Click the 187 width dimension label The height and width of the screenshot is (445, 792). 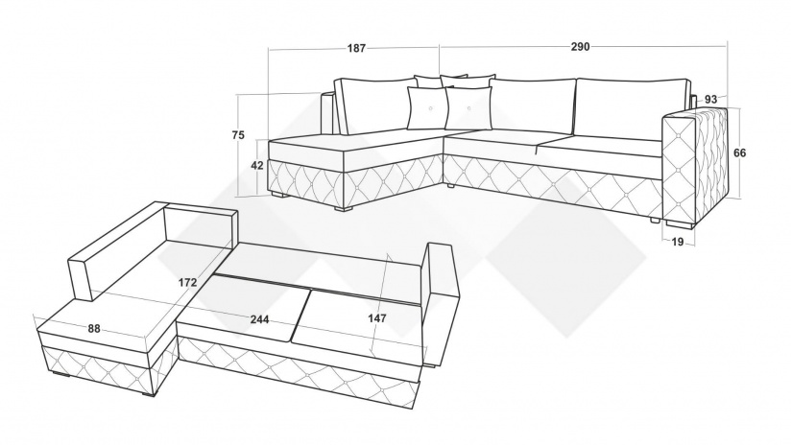pos(356,48)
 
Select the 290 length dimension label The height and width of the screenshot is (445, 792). pos(581,46)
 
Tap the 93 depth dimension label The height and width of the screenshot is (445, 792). pos(710,99)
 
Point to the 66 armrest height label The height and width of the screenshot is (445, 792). pos(739,152)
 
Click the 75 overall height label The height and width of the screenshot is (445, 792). pos(238,134)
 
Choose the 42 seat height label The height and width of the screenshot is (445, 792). pos(257,165)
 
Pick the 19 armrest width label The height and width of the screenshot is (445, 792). pos(678,242)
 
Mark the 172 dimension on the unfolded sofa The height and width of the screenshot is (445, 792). pos(188,282)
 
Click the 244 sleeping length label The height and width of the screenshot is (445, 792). pos(259,318)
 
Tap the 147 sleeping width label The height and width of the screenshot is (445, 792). pos(377,317)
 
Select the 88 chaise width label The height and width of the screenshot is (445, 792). pos(94,328)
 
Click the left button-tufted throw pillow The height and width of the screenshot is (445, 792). pos(427,108)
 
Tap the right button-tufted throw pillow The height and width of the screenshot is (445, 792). pos(469,108)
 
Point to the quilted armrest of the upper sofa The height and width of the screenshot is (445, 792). pos(696,167)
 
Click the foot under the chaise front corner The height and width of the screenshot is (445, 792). pos(345,206)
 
